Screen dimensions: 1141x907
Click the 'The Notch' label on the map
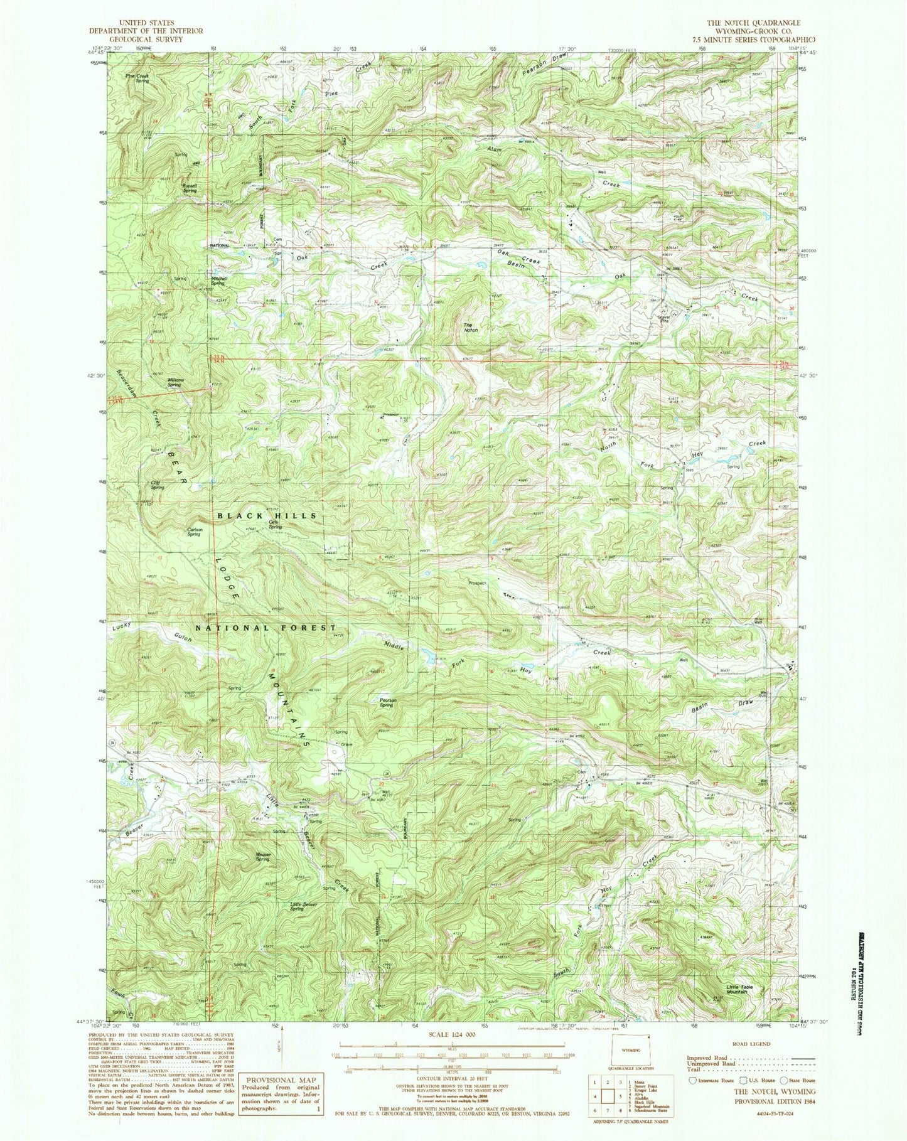tap(471, 327)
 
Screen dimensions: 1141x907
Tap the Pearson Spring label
tap(385, 702)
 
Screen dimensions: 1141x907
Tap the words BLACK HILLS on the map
tap(267, 515)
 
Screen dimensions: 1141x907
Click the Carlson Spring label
tap(194, 532)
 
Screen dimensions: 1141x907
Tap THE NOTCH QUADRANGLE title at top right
tap(732, 22)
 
